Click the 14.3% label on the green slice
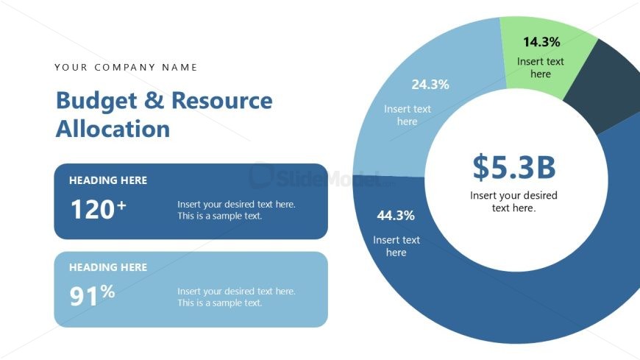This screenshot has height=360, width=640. (x=541, y=42)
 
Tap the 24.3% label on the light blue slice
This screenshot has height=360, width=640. (x=430, y=85)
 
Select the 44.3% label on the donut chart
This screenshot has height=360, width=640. (x=396, y=216)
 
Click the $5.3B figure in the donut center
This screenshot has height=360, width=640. (x=513, y=167)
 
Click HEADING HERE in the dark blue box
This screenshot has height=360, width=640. (x=108, y=180)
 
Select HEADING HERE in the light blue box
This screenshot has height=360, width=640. (x=108, y=267)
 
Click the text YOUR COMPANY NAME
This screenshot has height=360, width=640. (x=127, y=68)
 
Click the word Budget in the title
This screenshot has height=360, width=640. (x=93, y=101)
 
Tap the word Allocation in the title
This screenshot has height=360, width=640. (x=113, y=129)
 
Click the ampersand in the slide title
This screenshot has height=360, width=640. (x=154, y=101)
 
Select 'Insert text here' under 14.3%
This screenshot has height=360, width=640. (x=541, y=68)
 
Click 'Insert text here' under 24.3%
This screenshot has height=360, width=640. (x=408, y=116)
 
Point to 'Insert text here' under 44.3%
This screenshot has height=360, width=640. (x=397, y=246)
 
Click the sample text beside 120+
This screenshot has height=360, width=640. (x=236, y=210)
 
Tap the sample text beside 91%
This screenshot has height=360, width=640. (x=236, y=297)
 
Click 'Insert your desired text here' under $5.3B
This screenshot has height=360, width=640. (x=513, y=202)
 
